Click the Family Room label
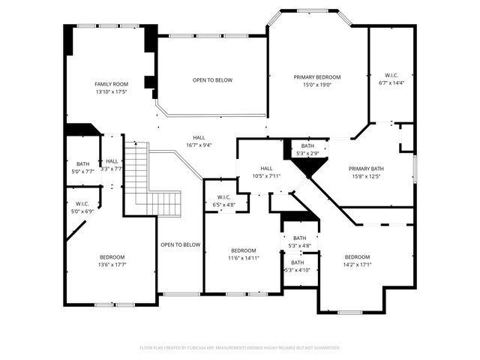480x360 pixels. [x=110, y=84]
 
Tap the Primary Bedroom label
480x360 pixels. [x=316, y=77]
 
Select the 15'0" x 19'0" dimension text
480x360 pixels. [x=316, y=85]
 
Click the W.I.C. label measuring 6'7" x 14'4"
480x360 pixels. [x=391, y=75]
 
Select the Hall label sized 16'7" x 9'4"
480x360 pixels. [x=199, y=137]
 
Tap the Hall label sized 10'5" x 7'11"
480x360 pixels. [x=266, y=169]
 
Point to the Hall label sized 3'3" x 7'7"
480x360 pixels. [x=112, y=161]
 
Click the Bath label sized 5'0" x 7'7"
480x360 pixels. [x=82, y=163]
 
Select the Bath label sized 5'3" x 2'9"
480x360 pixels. [x=307, y=145]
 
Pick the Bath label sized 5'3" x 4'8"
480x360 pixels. [x=300, y=238]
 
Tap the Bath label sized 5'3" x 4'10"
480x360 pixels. [x=298, y=262]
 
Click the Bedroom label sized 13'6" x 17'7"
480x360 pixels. [x=112, y=256]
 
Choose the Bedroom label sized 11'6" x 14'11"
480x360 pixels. [x=244, y=250]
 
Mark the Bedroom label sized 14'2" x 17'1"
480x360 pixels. [x=357, y=256]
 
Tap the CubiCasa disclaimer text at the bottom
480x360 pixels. [x=240, y=348]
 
